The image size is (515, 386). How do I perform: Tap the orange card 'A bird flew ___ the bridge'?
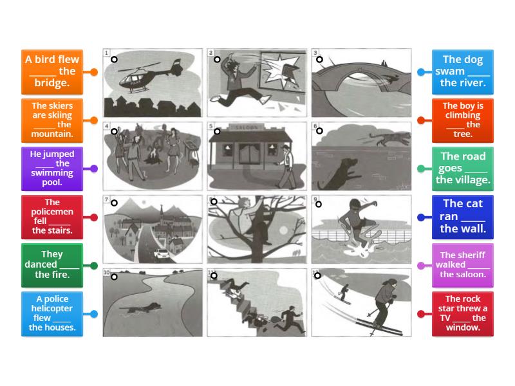point(51,71)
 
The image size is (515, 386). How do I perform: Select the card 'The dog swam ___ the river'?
point(463,71)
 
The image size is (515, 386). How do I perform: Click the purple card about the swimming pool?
point(51,168)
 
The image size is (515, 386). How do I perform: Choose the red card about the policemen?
point(51,216)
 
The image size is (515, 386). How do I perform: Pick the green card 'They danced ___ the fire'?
point(51,264)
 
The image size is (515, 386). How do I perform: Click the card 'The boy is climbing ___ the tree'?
point(463,120)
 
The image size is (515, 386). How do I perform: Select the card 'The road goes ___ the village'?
point(463,168)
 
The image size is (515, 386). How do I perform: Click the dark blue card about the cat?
point(463,216)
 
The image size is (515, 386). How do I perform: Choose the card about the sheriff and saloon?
point(463,264)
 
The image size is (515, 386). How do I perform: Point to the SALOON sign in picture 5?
point(246,127)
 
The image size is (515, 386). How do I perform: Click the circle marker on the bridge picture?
point(321,59)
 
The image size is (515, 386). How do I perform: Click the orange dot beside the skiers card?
point(95,120)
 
